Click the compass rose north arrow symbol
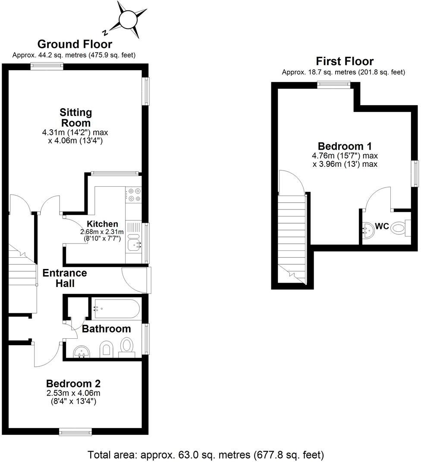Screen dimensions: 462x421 click(x=128, y=20)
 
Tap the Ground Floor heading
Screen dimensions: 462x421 click(x=75, y=44)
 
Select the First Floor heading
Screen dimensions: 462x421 click(x=344, y=61)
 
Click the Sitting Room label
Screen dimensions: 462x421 click(x=76, y=117)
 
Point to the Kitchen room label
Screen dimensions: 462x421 click(x=102, y=224)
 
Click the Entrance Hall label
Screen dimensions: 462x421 click(x=65, y=278)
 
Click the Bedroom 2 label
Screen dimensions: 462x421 click(x=73, y=384)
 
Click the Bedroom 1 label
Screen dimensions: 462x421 click(x=345, y=146)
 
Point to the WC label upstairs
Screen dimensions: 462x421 click(x=382, y=226)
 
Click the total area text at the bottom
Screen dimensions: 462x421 click(x=206, y=454)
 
